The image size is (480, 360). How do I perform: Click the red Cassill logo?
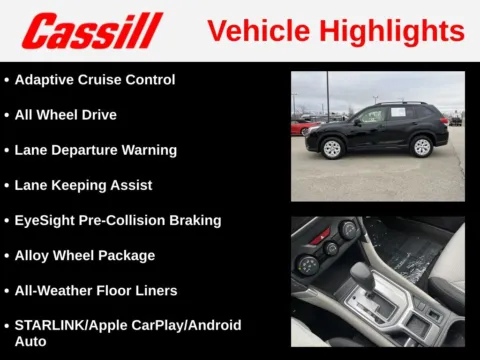[92, 31]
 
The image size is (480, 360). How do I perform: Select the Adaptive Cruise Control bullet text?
[95, 80]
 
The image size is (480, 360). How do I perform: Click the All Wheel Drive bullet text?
[66, 115]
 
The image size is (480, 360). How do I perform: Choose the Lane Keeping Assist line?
[84, 185]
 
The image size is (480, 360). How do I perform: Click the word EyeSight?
[46, 220]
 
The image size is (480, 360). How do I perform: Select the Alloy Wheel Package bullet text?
[85, 255]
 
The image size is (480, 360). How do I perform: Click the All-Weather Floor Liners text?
[96, 290]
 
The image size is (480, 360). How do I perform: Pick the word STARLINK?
[48, 325]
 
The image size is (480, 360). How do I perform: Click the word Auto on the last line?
[31, 341]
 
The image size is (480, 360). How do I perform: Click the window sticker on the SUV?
[397, 113]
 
